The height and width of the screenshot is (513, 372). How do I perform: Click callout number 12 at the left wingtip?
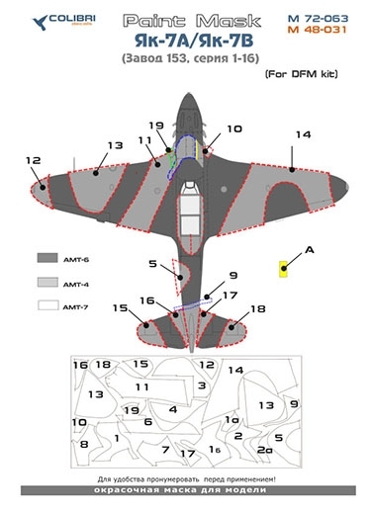(x=35, y=159)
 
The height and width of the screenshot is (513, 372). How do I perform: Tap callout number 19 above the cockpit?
(x=156, y=127)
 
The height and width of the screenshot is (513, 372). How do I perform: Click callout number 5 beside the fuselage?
(x=153, y=264)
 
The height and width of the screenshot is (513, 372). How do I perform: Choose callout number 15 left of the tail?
(x=120, y=309)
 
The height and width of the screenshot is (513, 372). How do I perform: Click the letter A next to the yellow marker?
(x=308, y=251)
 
